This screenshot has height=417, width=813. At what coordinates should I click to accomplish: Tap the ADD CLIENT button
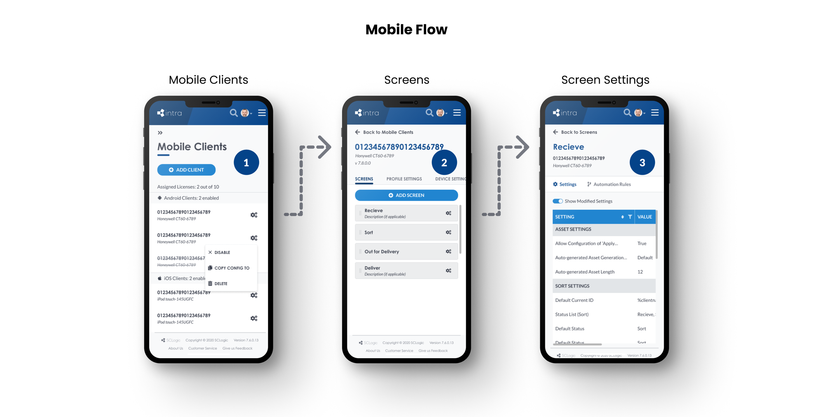(x=186, y=170)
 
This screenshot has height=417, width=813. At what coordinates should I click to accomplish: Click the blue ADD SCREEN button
(x=406, y=195)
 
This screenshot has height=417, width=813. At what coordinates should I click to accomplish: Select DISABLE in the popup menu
(x=222, y=252)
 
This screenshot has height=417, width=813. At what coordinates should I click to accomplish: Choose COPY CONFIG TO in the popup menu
(x=231, y=268)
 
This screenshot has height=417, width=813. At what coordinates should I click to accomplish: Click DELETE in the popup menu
(x=220, y=284)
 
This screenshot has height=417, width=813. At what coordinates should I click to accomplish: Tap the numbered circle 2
(x=444, y=162)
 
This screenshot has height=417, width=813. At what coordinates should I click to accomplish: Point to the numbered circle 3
(x=642, y=162)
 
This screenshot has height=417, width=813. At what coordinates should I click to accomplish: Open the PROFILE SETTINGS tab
(x=404, y=179)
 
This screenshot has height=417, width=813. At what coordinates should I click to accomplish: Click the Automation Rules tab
(x=611, y=184)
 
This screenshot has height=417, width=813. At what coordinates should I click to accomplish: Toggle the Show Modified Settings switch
(x=557, y=201)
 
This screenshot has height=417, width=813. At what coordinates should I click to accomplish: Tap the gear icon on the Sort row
(x=448, y=232)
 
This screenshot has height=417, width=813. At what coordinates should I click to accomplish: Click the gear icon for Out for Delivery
(x=448, y=251)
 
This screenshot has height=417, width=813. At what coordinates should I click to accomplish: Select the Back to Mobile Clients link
(x=388, y=132)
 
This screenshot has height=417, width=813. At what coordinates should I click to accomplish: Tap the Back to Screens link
(x=579, y=132)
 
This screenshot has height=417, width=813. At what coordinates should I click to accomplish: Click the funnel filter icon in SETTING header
(x=630, y=217)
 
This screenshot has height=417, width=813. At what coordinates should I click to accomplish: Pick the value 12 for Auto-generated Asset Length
(x=640, y=272)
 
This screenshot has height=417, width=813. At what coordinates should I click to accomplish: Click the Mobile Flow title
(x=406, y=30)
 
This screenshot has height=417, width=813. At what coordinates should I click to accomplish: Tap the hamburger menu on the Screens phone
(x=457, y=113)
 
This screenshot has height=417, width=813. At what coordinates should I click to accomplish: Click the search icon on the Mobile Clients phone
(x=233, y=113)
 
